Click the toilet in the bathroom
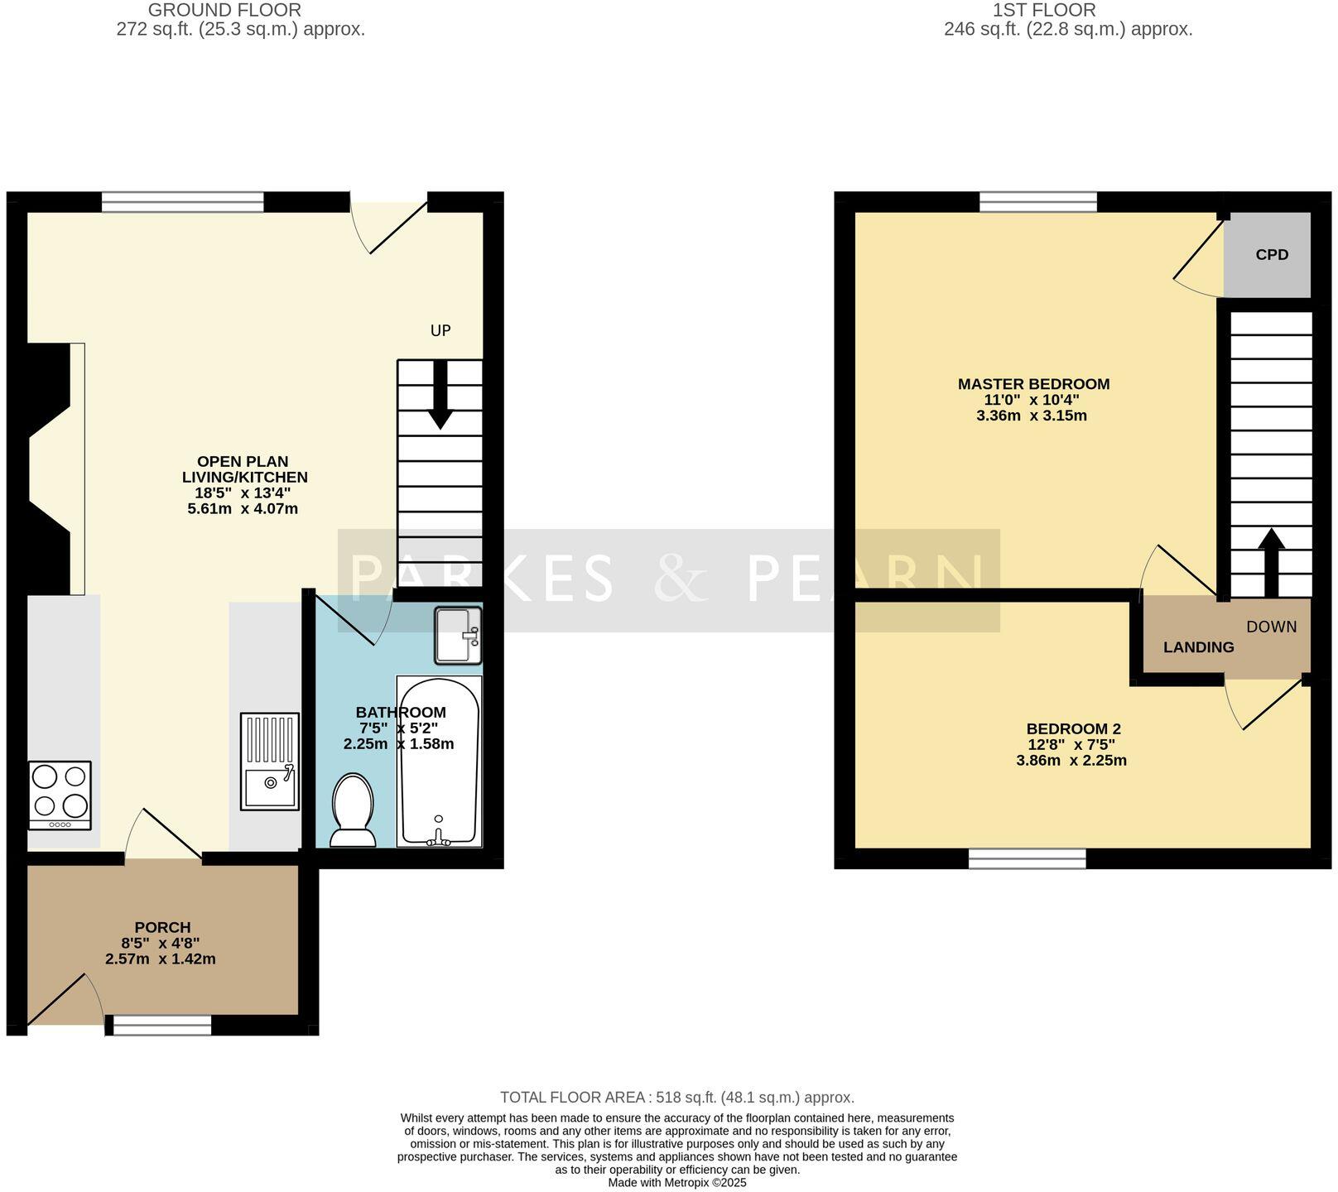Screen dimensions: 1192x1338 pos(352,811)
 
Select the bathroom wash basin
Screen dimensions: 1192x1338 pos(458,636)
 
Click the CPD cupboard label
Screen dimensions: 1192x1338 pos(1272,255)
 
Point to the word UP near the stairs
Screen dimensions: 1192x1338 pos(440,331)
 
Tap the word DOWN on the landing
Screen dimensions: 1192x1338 pos(1272,627)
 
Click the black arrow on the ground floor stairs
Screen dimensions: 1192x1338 pos(440,396)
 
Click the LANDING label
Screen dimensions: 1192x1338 pos(1198,647)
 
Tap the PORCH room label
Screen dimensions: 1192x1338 pos(162,928)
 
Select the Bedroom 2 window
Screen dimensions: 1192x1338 pos(1027,859)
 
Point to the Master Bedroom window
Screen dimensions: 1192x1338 pos(1038,201)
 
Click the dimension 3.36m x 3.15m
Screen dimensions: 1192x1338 pos(1032,416)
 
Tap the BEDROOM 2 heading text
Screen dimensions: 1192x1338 pos(1073,729)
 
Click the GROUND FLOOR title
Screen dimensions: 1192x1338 pos(224,11)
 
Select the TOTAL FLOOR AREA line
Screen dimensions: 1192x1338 pos(676,1098)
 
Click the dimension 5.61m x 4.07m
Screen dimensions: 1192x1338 pos(243,509)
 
